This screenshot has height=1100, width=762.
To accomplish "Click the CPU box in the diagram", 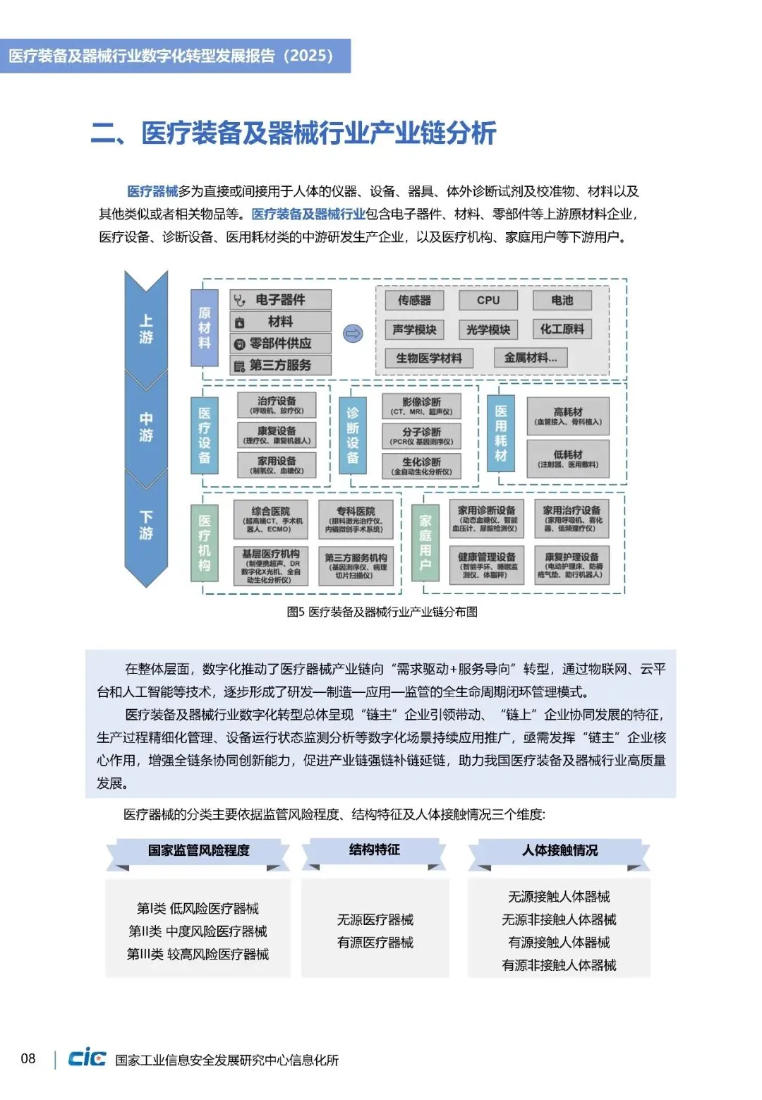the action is (488, 300).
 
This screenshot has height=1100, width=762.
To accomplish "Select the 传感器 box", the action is (414, 300).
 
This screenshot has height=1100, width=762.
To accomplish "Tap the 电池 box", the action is (562, 300).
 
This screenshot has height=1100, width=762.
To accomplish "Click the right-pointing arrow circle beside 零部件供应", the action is (353, 333).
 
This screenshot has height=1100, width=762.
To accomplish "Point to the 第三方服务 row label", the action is (280, 365).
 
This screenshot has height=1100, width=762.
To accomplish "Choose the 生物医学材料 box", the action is (429, 358).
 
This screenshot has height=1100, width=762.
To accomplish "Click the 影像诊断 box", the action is (421, 406).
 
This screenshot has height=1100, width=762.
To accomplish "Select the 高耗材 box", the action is (568, 416).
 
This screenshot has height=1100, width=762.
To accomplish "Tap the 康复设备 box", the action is (277, 435).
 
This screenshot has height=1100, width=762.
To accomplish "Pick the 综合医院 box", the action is (270, 519).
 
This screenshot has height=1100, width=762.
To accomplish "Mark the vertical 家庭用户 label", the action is (425, 542).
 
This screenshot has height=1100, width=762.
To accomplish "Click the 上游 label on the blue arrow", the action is (146, 329).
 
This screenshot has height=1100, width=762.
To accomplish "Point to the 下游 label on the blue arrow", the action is (146, 524).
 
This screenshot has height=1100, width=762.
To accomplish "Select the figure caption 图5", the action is (382, 612).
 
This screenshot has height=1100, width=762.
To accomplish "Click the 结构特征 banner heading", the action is (374, 850).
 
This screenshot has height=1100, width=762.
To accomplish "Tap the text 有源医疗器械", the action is (375, 943).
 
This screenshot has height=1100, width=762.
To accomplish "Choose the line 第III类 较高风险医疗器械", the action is (198, 954).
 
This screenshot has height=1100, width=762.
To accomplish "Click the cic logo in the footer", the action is (87, 1058).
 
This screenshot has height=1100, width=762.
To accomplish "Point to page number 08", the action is (28, 1058).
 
